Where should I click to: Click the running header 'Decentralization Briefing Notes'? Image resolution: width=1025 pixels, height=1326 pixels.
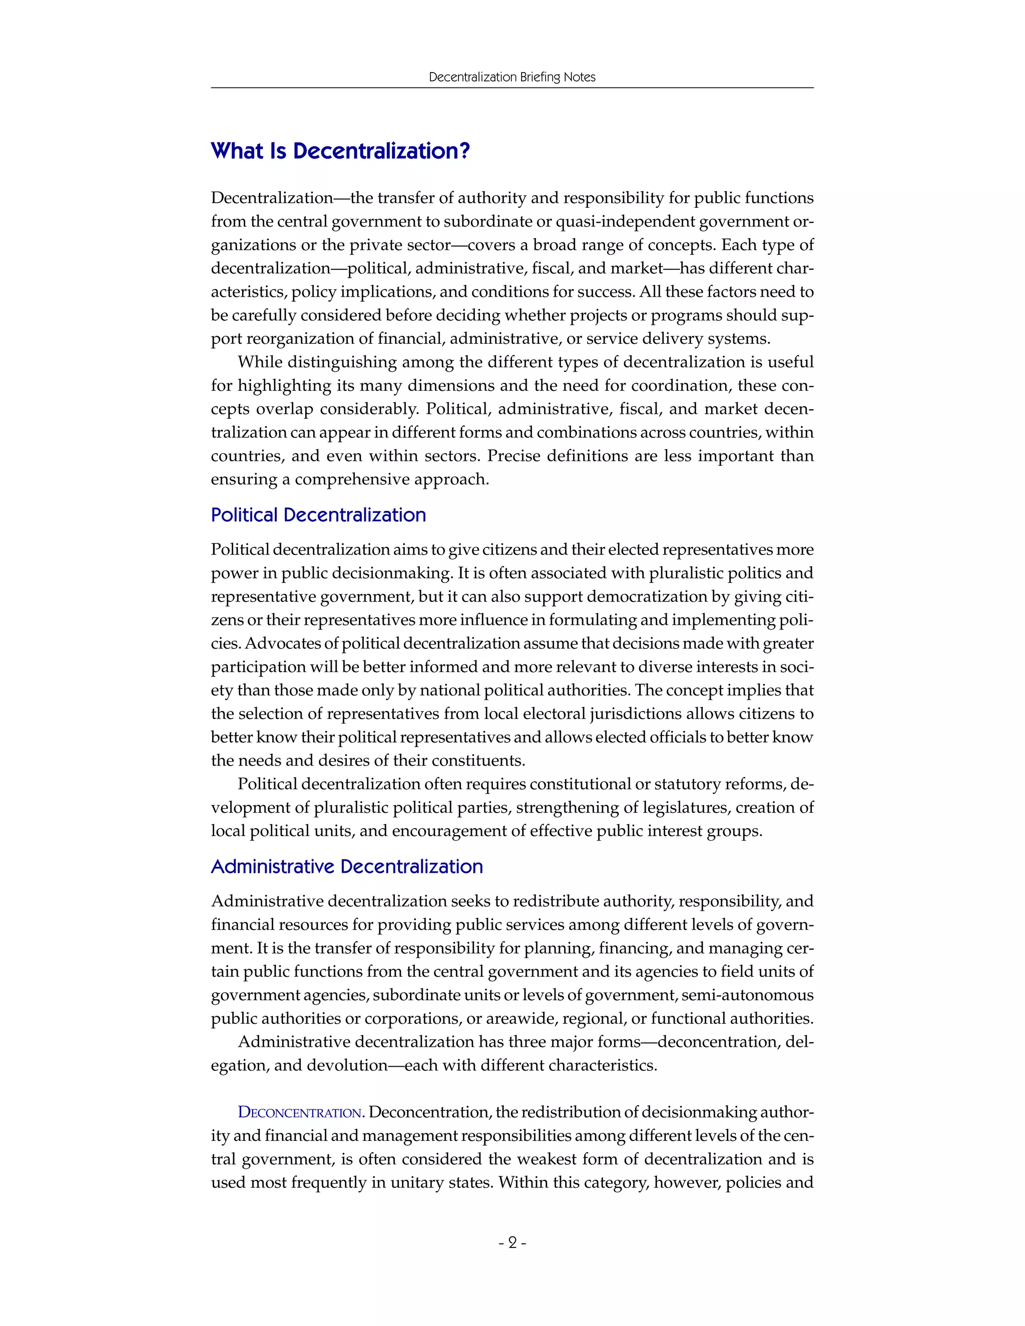(x=512, y=77)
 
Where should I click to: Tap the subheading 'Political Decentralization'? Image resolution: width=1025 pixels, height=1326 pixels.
(x=318, y=515)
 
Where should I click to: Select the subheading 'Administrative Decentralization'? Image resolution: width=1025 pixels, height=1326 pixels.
(x=347, y=866)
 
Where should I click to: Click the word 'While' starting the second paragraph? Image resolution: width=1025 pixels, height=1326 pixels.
(x=259, y=362)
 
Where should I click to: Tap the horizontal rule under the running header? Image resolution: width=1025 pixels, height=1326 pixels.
(x=512, y=88)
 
